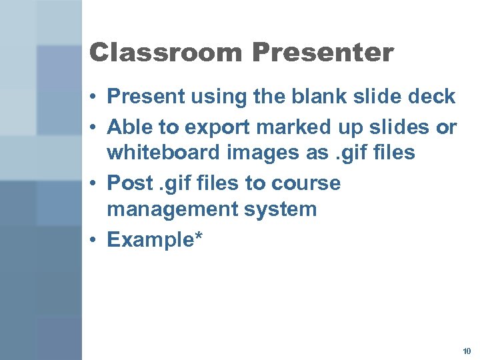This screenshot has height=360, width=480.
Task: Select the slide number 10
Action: (465, 351)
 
